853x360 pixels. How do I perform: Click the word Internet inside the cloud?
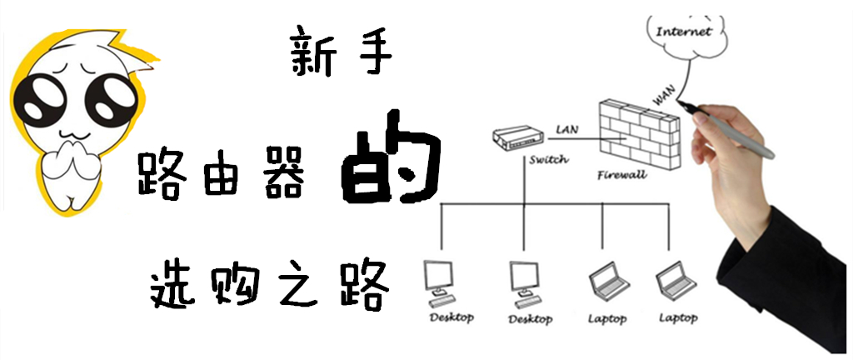click(684, 32)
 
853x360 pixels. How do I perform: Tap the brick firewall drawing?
click(640, 133)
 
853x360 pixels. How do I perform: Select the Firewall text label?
click(621, 176)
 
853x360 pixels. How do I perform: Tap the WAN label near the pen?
click(664, 96)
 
